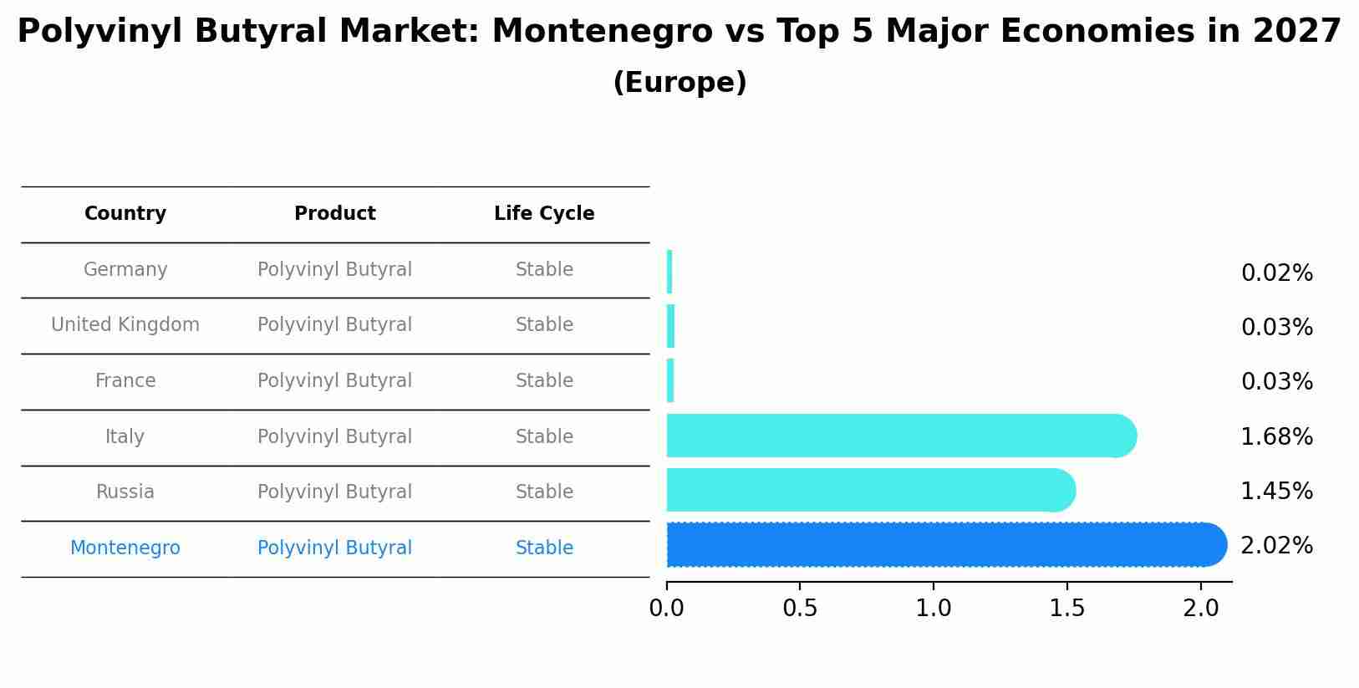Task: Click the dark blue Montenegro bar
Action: click(x=944, y=545)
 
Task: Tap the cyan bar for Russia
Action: click(x=869, y=490)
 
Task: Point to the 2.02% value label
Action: click(x=1276, y=546)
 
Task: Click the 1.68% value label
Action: click(x=1276, y=437)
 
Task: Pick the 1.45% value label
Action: click(x=1276, y=492)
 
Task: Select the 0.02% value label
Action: click(x=1276, y=273)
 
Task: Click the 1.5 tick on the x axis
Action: click(x=1066, y=609)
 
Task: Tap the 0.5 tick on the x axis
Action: click(x=800, y=609)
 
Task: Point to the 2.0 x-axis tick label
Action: click(x=1200, y=609)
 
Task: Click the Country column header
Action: click(x=125, y=214)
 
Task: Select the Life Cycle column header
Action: click(x=544, y=214)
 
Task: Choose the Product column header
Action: click(x=334, y=214)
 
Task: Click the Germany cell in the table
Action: click(x=125, y=270)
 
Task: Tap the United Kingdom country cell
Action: click(x=125, y=325)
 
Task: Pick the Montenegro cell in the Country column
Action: click(x=125, y=548)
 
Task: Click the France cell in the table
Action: click(x=125, y=381)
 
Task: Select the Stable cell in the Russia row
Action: click(x=544, y=492)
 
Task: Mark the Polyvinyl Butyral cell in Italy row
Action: click(x=334, y=437)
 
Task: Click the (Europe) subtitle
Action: click(x=679, y=83)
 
